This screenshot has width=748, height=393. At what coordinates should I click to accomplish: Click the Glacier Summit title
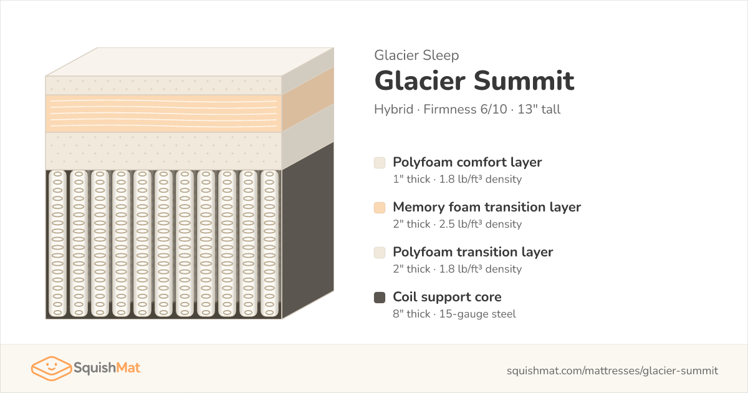pos(474,80)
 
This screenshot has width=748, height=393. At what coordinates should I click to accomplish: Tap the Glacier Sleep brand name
pos(416,55)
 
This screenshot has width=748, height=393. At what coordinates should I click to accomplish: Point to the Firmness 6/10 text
pos(465,109)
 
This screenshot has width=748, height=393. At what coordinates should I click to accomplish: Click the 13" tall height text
pos(539,109)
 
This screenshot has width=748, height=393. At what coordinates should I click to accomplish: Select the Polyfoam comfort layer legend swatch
pos(380,163)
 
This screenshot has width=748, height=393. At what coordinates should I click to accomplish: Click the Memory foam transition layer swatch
pos(380,208)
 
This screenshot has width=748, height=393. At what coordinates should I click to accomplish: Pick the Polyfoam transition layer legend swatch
pos(380,253)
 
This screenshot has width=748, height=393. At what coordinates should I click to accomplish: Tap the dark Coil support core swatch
pos(380,298)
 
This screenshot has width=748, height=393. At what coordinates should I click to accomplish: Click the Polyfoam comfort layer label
pos(467,162)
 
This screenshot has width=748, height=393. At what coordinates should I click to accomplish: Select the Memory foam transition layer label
pos(487,207)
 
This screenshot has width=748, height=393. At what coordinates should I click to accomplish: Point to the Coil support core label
pos(447,297)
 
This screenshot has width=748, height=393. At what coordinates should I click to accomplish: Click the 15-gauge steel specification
pos(477,314)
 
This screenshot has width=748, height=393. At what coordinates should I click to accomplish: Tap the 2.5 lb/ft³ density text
pos(480,224)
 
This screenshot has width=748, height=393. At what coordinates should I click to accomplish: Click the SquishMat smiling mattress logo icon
pos(51,368)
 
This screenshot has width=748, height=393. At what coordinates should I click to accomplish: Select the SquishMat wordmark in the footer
pos(107,368)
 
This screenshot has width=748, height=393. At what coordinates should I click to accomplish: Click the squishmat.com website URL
pos(612,371)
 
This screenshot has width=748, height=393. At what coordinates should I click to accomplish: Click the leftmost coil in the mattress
pos(57,244)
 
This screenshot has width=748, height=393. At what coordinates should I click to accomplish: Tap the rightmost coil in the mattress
pos(269,244)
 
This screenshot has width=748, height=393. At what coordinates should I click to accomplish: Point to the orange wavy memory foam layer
pos(163,114)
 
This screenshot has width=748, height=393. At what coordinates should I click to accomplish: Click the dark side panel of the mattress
pos(307,231)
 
